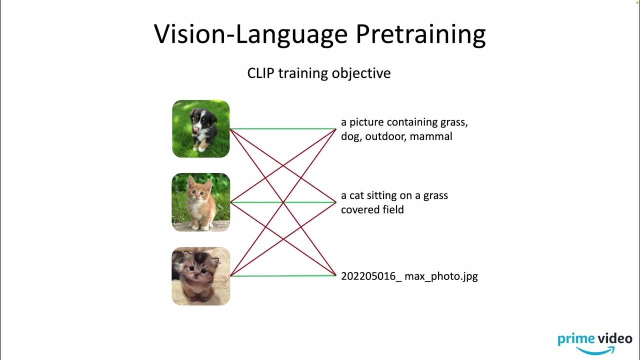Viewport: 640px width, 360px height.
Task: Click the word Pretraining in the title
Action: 420,34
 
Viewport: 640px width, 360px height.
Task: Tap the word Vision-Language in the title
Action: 250,34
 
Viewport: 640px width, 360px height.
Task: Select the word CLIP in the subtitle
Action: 260,73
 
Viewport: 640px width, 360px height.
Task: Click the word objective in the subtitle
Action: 364,73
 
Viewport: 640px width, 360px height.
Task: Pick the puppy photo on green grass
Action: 201,129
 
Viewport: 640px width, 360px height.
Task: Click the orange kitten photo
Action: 201,202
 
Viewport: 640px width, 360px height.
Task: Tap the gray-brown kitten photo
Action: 201,276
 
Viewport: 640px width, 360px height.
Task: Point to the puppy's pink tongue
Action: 196,129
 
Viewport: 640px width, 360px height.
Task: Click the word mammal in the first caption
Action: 431,136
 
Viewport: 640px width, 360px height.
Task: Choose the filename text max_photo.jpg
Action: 441,276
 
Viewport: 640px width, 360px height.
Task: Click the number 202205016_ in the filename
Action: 371,276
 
